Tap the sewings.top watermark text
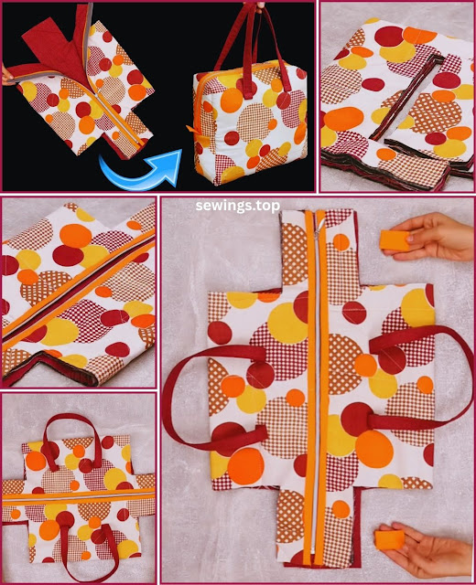coord(238,206)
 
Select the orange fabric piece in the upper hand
coord(395,240)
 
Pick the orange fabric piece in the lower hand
coord(389,539)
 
